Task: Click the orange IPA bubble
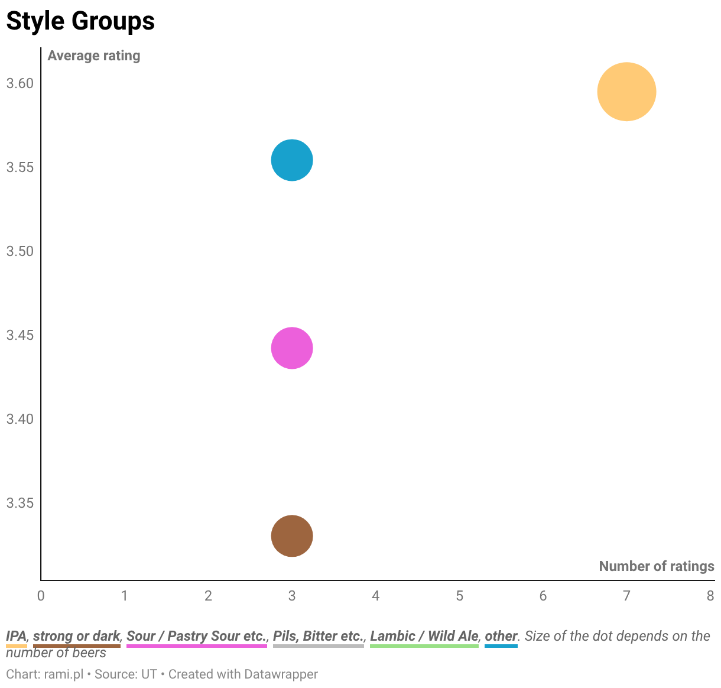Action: [626, 92]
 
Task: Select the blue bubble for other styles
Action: [292, 160]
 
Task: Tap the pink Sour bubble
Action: [292, 348]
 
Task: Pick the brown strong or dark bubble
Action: [292, 536]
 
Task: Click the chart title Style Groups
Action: [81, 21]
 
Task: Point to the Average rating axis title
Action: [94, 56]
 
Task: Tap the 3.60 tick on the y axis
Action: [20, 83]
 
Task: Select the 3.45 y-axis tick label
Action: [20, 335]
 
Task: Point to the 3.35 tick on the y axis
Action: [20, 502]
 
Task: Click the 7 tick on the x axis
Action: [626, 596]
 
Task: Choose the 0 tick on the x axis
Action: [41, 596]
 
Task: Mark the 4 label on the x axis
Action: [375, 596]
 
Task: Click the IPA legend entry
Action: [17, 636]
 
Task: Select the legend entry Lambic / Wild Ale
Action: [424, 636]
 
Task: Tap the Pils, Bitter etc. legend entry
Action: [319, 636]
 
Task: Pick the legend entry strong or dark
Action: [77, 636]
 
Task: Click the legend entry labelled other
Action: [501, 636]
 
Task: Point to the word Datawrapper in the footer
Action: [281, 674]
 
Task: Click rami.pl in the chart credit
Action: [64, 674]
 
